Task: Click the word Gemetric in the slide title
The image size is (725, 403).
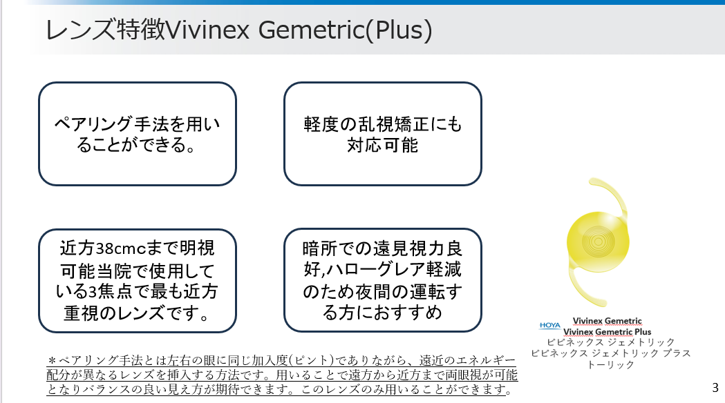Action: (x=311, y=30)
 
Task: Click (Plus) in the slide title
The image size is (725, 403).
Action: (x=399, y=30)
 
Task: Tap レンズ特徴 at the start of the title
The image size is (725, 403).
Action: (x=105, y=30)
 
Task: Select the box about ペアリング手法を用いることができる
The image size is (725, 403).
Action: (x=138, y=134)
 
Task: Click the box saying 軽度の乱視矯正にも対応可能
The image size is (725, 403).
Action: (x=383, y=134)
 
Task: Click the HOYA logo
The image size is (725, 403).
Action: (x=549, y=326)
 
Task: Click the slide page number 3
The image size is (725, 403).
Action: (x=715, y=387)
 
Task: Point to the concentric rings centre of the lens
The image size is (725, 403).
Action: (x=599, y=241)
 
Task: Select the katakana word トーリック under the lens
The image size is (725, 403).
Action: (x=610, y=364)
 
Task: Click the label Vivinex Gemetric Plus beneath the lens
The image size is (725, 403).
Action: (x=607, y=332)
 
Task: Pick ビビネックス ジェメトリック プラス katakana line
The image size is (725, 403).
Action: (x=610, y=353)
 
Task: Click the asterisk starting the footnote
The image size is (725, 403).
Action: (x=53, y=360)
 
